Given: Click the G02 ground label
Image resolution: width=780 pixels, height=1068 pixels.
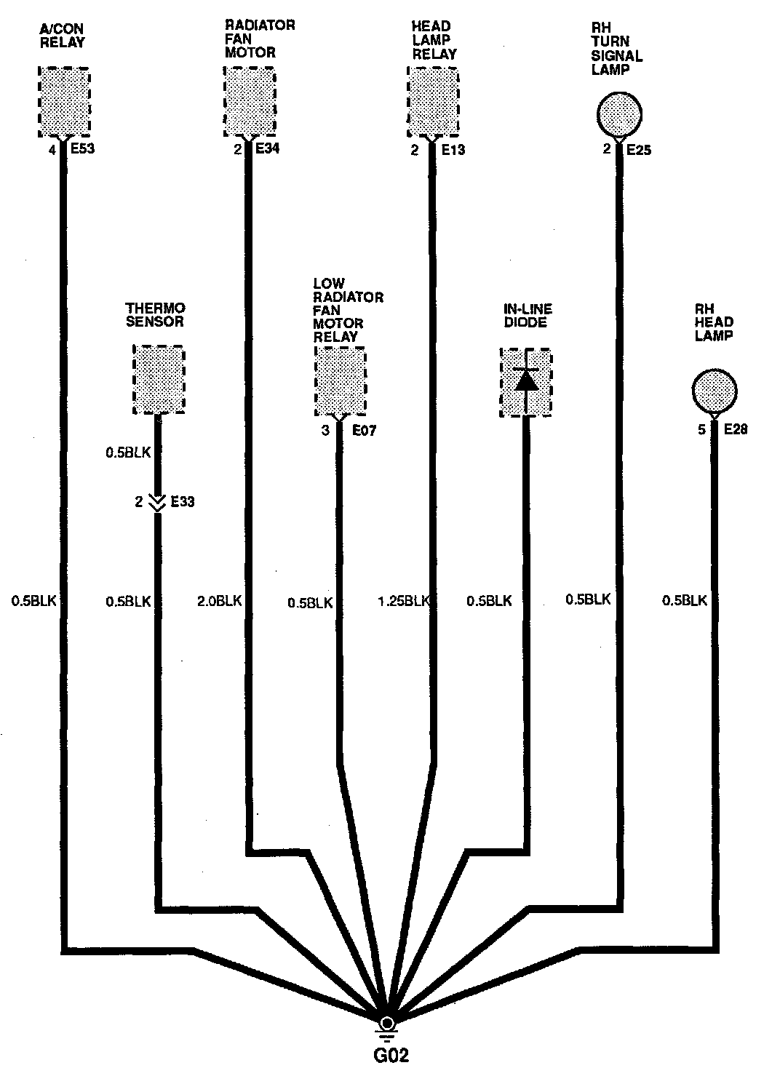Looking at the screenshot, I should (386, 1054).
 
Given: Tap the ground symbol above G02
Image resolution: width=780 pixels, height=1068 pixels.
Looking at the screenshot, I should (387, 1027).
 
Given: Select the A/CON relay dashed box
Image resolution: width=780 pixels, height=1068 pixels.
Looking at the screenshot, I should (63, 102).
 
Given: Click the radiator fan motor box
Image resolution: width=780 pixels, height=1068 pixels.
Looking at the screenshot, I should (249, 102).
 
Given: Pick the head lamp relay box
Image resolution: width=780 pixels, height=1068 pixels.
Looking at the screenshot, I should (433, 102).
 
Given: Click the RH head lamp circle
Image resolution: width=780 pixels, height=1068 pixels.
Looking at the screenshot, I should (714, 391).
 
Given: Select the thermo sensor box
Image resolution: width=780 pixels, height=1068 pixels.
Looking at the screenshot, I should (159, 380).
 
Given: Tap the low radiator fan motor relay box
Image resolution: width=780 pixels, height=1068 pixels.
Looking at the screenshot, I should (340, 380).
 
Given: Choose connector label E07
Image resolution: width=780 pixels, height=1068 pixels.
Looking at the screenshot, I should (364, 430).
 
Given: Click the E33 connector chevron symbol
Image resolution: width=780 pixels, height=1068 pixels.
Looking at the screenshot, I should (156, 502).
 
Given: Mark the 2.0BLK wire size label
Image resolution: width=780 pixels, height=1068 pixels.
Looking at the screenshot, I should (219, 601).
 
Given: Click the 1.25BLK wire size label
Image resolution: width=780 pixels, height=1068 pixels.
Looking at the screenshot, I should (404, 601).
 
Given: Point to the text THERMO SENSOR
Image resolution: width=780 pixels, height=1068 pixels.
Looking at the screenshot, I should (155, 314).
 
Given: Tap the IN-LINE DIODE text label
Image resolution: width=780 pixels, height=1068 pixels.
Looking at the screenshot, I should (527, 315).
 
